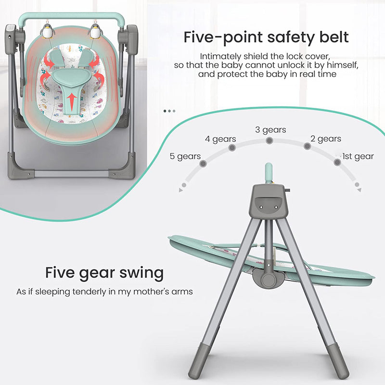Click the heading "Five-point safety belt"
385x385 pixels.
pos(266,37)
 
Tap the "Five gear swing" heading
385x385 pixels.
pos(104,273)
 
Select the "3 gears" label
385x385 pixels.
pos(270,130)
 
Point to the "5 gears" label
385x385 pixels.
pos(185,156)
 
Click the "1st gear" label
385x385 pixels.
pos(358,156)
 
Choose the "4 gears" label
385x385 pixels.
pos(220,139)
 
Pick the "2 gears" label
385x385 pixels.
pos(326,139)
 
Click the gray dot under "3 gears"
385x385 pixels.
pos(269,141)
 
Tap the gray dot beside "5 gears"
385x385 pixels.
pos(204,164)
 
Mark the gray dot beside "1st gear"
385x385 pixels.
pos(337,162)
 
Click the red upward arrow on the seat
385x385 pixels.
pos(72,100)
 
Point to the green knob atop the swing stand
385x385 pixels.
pos(269,171)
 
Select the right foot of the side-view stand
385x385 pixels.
pos(341,368)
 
